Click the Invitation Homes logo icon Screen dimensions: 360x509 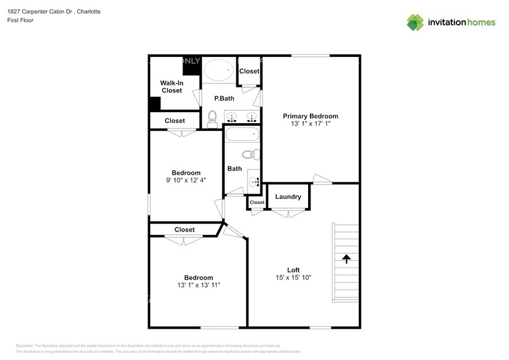pyautogui.click(x=415, y=22)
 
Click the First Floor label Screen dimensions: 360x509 pyautogui.click(x=20, y=20)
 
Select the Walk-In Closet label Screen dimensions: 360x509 pyautogui.click(x=172, y=86)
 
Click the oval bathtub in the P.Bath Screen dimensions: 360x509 pyautogui.click(x=218, y=70)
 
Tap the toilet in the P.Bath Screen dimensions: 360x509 pyautogui.click(x=213, y=117)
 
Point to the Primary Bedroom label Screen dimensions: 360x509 pyautogui.click(x=310, y=116)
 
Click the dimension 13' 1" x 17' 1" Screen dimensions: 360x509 pyautogui.click(x=310, y=124)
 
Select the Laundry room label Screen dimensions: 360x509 pyautogui.click(x=287, y=197)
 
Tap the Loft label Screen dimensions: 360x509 pyautogui.click(x=293, y=269)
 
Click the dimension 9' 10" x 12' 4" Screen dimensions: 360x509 pyautogui.click(x=186, y=180)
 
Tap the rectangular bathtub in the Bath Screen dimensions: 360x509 pyautogui.click(x=243, y=134)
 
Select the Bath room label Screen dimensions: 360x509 pyautogui.click(x=234, y=168)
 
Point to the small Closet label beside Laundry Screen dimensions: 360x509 pyautogui.click(x=257, y=202)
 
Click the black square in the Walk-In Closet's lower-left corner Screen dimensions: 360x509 pyautogui.click(x=155, y=104)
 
